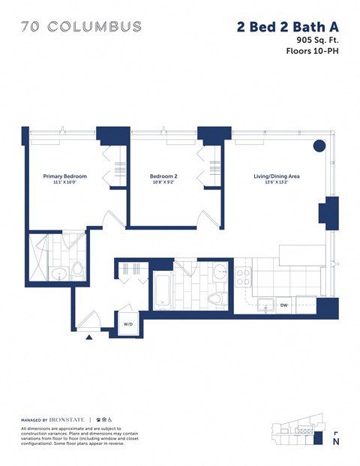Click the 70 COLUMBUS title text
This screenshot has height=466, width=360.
(81, 26)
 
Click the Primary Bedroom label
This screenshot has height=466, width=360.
(65, 176)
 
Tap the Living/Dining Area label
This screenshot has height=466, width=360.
(277, 176)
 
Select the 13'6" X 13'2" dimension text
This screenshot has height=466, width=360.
(277, 183)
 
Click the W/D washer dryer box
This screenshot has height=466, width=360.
(128, 324)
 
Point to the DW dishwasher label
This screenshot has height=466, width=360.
(284, 305)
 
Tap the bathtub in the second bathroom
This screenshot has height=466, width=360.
(163, 290)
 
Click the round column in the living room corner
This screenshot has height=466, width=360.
(318, 145)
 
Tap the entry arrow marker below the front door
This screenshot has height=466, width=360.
(89, 338)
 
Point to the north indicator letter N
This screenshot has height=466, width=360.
(334, 442)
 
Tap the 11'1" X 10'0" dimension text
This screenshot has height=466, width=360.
(65, 183)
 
